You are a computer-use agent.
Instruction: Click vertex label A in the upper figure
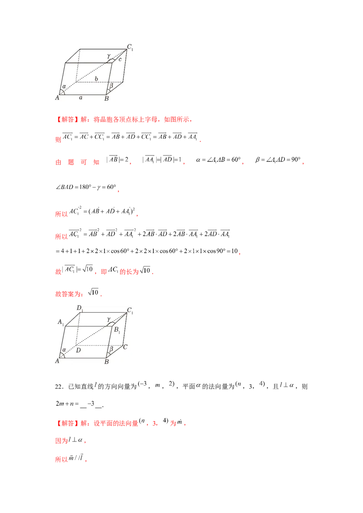pyautogui.click(x=58, y=98)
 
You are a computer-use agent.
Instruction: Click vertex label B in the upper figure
pyautogui.click(x=107, y=98)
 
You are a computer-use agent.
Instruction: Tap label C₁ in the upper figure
pyautogui.click(x=130, y=47)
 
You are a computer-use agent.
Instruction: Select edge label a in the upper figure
pyautogui.click(x=81, y=97)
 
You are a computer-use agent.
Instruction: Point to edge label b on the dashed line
pyautogui.click(x=96, y=79)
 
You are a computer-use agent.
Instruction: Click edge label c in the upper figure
pyautogui.click(x=120, y=59)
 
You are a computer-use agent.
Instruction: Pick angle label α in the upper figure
pyautogui.click(x=64, y=86)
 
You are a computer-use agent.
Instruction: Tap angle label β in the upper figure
pyautogui.click(x=111, y=85)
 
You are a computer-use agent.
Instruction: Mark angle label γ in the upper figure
pyautogui.click(x=108, y=56)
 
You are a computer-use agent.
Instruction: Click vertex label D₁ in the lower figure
pyautogui.click(x=79, y=309)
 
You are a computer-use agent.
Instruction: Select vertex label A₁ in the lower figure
pyautogui.click(x=61, y=322)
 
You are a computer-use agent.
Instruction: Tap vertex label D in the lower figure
pyautogui.click(x=79, y=350)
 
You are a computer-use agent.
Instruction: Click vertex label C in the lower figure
pyautogui.click(x=125, y=347)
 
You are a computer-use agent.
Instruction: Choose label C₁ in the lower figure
pyautogui.click(x=130, y=311)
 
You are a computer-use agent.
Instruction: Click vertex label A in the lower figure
pyautogui.click(x=58, y=361)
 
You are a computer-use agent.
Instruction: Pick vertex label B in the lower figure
pyautogui.click(x=107, y=362)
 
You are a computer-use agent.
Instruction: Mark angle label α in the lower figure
pyautogui.click(x=64, y=349)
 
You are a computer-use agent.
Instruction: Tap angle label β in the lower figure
pyautogui.click(x=111, y=348)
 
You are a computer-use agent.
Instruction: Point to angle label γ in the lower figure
pyautogui.click(x=108, y=319)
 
